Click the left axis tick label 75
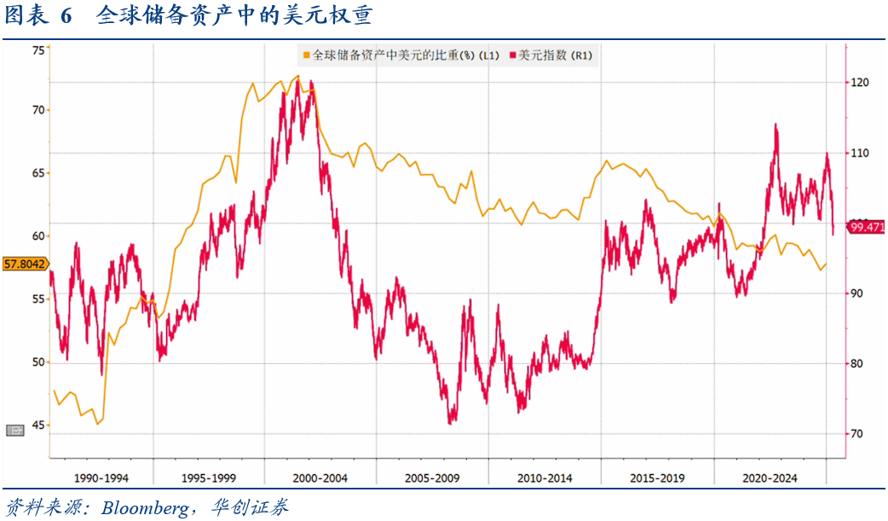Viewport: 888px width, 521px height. point(38,50)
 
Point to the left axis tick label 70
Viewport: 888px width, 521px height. point(38,110)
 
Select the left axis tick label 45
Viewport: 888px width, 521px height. point(38,425)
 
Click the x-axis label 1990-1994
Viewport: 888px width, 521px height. point(102,478)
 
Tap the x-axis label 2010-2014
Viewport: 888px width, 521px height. point(545,478)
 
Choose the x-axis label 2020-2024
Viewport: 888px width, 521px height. point(770,478)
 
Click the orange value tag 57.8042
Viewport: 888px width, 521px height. point(25,264)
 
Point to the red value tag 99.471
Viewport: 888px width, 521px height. point(867,227)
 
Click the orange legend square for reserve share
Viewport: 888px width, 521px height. point(306,55)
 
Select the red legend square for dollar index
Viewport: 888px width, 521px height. point(513,55)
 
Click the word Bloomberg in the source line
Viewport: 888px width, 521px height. point(146,508)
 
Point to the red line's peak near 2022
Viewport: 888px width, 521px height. point(776,124)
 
